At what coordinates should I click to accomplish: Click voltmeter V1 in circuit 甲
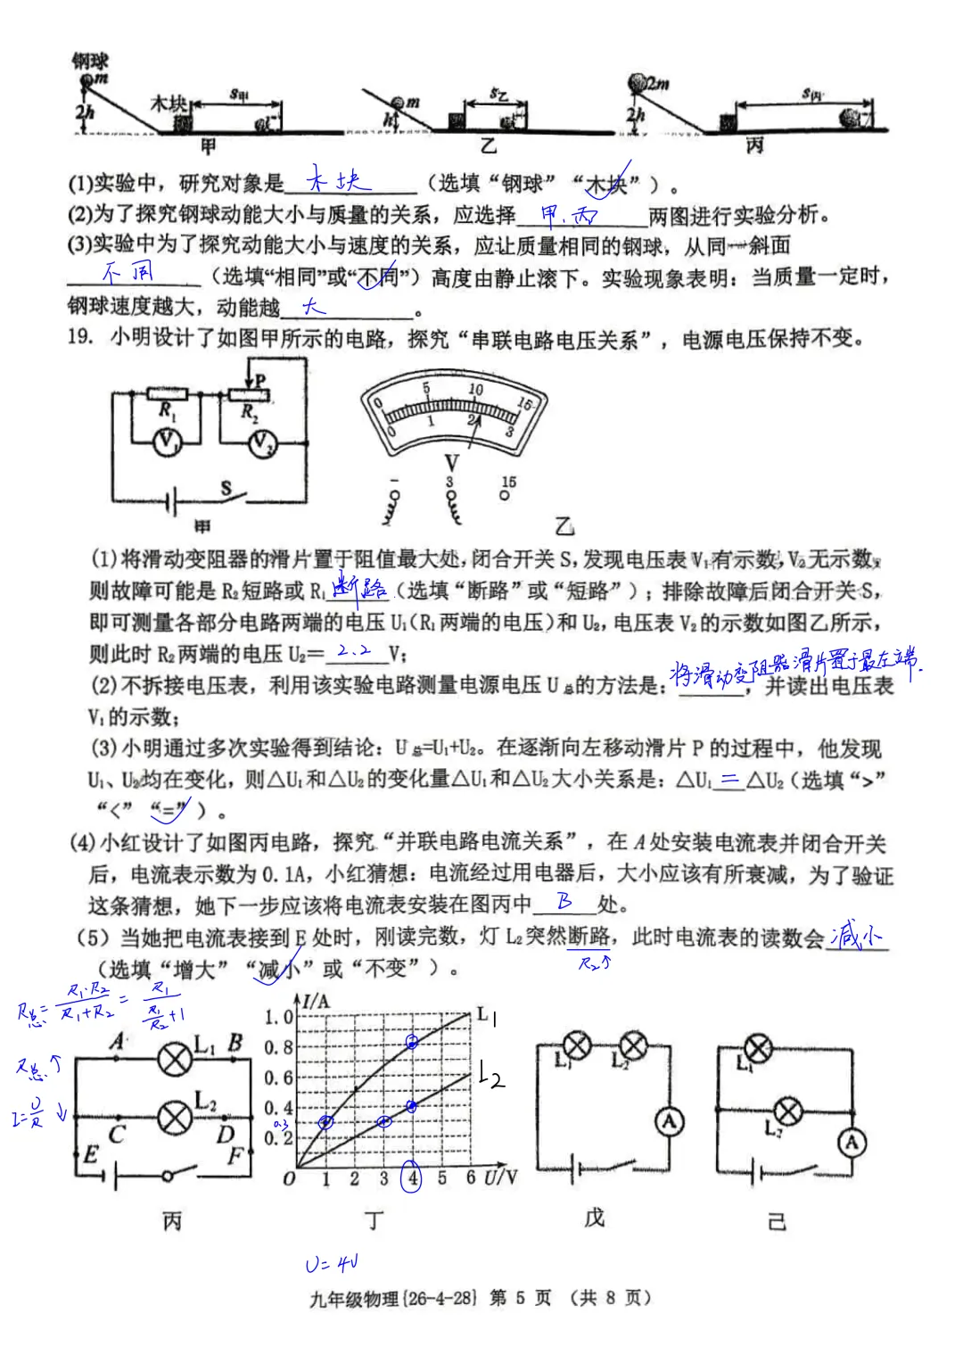click(x=167, y=442)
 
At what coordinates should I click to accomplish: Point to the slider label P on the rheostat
click(x=259, y=380)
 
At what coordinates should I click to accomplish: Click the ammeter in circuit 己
click(x=852, y=1142)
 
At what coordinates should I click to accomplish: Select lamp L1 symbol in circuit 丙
click(x=175, y=1058)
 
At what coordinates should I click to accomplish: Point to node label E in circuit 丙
click(x=90, y=1155)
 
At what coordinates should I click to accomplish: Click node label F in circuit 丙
click(x=235, y=1156)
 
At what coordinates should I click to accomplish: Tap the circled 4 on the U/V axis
click(x=412, y=1177)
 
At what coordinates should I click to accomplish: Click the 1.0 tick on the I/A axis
click(x=278, y=1017)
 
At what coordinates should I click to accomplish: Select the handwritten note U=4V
click(x=332, y=1264)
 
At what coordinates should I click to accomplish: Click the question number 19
click(x=79, y=337)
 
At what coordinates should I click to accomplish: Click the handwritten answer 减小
click(x=855, y=936)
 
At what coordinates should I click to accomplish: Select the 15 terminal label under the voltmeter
click(x=508, y=482)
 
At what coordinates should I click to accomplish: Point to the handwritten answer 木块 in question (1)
click(x=338, y=181)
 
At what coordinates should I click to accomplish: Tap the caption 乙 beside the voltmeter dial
click(x=564, y=525)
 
